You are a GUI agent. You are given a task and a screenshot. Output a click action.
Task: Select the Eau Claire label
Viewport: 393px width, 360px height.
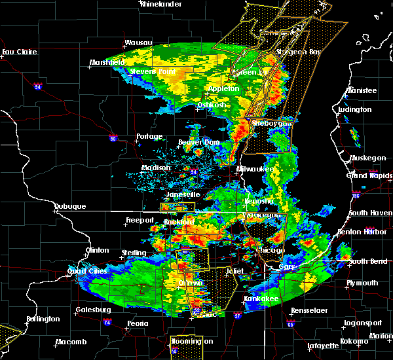point(17,52)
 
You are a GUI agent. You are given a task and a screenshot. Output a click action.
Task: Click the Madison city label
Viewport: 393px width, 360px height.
point(157,168)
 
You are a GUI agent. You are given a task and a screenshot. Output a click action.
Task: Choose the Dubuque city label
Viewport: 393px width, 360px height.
point(70,207)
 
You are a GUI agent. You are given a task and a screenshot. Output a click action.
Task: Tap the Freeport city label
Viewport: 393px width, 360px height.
point(139,221)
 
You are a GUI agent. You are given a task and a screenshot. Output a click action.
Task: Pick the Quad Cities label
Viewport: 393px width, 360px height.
point(87,272)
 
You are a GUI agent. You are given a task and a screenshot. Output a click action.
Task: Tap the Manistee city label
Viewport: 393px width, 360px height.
point(363,90)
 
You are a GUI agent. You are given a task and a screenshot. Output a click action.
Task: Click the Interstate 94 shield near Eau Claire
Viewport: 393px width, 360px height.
point(38,86)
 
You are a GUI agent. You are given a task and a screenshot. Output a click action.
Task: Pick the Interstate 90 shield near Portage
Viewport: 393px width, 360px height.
point(113,138)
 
